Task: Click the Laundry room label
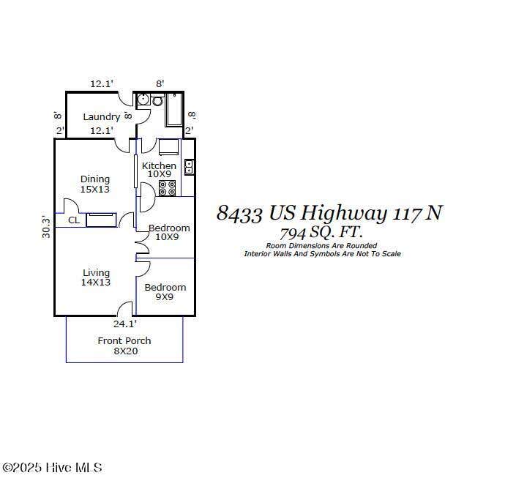[x=102, y=116]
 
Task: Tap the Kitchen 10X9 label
[x=159, y=170]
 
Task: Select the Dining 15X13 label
[x=95, y=184]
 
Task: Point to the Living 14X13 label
[x=96, y=277]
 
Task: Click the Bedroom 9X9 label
[x=165, y=292]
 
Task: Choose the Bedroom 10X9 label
[x=169, y=232]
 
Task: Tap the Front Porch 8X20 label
[x=124, y=346]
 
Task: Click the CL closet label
[x=74, y=220]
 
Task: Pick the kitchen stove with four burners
[x=168, y=188]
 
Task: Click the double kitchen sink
[x=189, y=167]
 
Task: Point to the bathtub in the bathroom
[x=174, y=110]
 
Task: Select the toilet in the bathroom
[x=157, y=100]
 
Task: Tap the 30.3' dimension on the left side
[x=46, y=228]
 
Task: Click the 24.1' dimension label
[x=124, y=324]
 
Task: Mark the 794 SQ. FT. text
[x=321, y=233]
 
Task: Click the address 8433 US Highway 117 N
[x=329, y=213]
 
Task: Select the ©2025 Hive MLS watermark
[x=52, y=468]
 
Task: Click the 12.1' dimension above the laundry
[x=102, y=83]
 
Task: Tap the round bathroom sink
[x=143, y=100]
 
